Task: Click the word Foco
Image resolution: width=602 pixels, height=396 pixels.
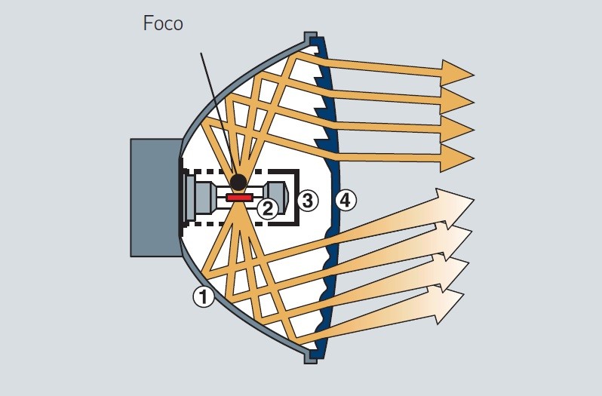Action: point(163,23)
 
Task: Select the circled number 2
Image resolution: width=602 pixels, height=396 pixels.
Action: point(267,207)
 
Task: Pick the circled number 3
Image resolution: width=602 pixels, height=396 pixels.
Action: point(307,201)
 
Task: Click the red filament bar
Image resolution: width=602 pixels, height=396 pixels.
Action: point(239,198)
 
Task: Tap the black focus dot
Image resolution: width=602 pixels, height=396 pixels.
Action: point(238,182)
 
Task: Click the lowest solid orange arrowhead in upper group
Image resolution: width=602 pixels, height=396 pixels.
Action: point(457,158)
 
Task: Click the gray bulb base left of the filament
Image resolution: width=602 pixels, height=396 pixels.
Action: point(202,198)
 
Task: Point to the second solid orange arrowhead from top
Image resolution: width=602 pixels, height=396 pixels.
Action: point(457,100)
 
